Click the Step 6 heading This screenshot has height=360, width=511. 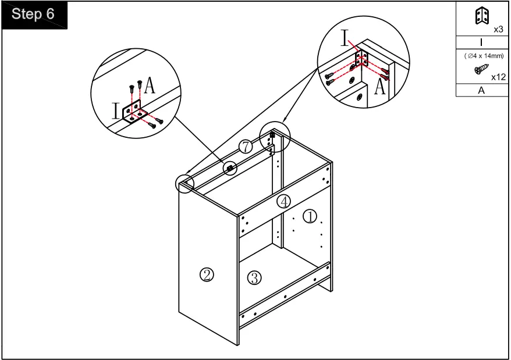pyautogui.click(x=33, y=14)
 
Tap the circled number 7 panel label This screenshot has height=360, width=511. pyautogui.click(x=246, y=147)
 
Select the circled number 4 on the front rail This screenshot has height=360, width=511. pyautogui.click(x=284, y=201)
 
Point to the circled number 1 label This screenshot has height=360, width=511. pyautogui.click(x=310, y=216)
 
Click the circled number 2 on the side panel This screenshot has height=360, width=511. pyautogui.click(x=207, y=275)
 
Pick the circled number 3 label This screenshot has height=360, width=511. pyautogui.click(x=254, y=278)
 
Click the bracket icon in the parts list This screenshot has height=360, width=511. pyautogui.click(x=482, y=16)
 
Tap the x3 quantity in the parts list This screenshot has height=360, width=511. pyautogui.click(x=498, y=29)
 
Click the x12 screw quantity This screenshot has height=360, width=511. pyautogui.click(x=498, y=77)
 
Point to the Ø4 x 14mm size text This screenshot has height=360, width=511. pyautogui.click(x=484, y=56)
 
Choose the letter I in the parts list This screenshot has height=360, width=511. pyautogui.click(x=481, y=42)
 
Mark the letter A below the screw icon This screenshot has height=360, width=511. pyautogui.click(x=481, y=90)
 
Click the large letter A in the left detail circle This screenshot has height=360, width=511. pyautogui.click(x=150, y=85)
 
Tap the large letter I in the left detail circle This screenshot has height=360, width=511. pyautogui.click(x=116, y=111)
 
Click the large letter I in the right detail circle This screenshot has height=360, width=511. pyautogui.click(x=345, y=38)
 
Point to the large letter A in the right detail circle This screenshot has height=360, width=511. pyautogui.click(x=379, y=86)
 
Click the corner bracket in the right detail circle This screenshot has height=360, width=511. pyautogui.click(x=362, y=59)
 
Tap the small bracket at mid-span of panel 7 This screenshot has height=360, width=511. pyautogui.click(x=230, y=168)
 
